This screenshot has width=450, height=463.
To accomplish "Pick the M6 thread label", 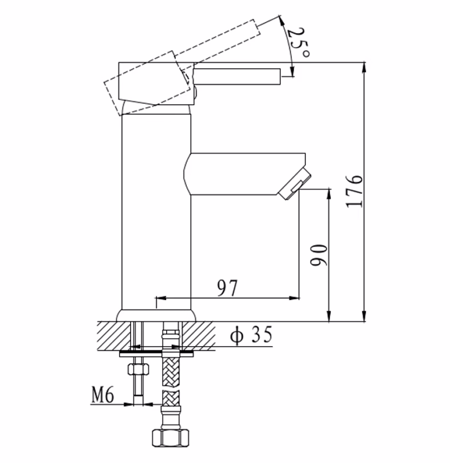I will pos(104,393).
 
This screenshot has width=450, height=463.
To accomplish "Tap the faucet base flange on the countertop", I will pos(156,315).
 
